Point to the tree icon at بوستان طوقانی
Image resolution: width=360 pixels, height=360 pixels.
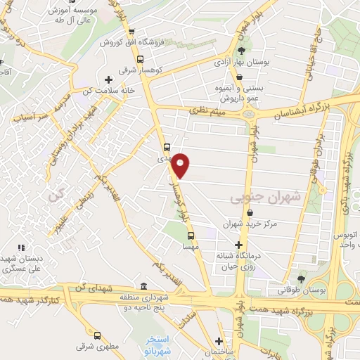click(x=302, y=280)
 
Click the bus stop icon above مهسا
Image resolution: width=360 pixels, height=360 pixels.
click(x=194, y=237)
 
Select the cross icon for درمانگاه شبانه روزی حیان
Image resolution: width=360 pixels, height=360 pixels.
click(x=238, y=244)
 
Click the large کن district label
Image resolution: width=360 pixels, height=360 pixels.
click(x=56, y=195)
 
